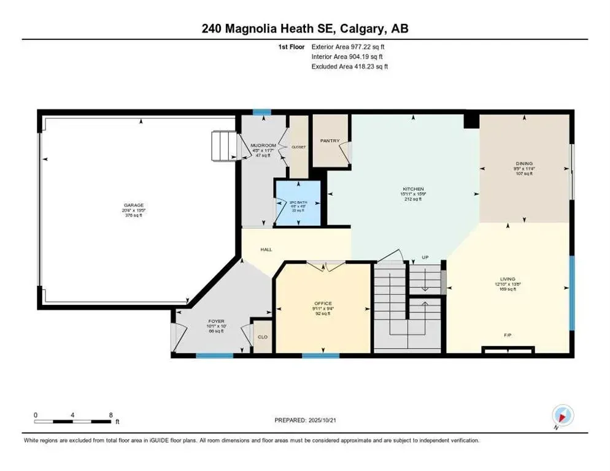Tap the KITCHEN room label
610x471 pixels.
(x=414, y=189)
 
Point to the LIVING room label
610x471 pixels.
(x=507, y=278)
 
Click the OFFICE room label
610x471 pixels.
(x=323, y=304)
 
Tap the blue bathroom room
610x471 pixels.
(x=298, y=204)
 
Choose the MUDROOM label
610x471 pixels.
(x=263, y=146)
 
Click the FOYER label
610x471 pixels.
(x=216, y=321)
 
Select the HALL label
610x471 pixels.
(x=266, y=250)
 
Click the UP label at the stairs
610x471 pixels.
(x=424, y=257)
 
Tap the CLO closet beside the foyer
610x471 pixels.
(x=263, y=337)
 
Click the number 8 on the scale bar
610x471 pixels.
(x=110, y=415)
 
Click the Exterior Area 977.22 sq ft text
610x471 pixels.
(x=351, y=46)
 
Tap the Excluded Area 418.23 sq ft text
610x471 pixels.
(x=351, y=66)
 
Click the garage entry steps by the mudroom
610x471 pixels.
(x=225, y=145)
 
